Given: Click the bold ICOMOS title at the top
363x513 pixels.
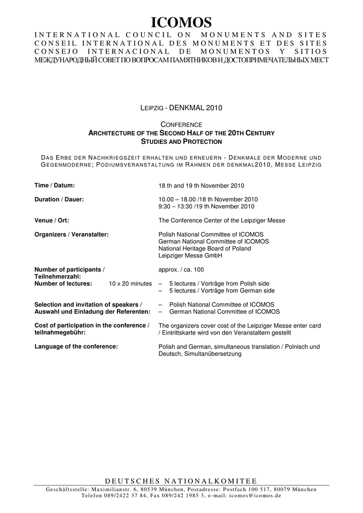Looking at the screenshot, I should [181, 23].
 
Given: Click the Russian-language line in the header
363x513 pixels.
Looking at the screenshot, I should [181, 60].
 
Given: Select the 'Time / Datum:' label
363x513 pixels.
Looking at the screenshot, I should [54, 185].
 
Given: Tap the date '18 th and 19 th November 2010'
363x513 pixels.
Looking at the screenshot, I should [201, 186].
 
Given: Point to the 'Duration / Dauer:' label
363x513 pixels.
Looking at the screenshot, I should [59, 199].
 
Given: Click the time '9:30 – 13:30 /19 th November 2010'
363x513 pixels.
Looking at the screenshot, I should [206, 206].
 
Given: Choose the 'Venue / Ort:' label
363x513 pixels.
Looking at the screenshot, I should [52, 220].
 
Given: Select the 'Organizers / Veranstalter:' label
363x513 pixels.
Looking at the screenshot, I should [72, 234].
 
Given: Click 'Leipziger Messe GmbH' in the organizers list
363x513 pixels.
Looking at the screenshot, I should [190, 255].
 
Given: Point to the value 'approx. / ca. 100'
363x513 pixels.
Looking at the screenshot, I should [181, 270].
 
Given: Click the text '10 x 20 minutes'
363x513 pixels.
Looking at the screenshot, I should [130, 284].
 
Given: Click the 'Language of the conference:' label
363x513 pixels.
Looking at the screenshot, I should [76, 347].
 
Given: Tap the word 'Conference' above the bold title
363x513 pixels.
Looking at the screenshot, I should [181, 124].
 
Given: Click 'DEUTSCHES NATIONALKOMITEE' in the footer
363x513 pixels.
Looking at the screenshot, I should [181, 481].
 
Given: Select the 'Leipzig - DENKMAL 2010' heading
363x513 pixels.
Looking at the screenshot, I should [180, 108].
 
